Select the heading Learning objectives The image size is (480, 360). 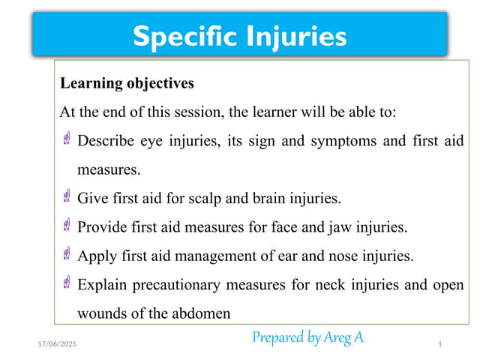click(127, 82)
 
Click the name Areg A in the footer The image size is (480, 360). click(344, 337)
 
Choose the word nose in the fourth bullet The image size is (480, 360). click(340, 256)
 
